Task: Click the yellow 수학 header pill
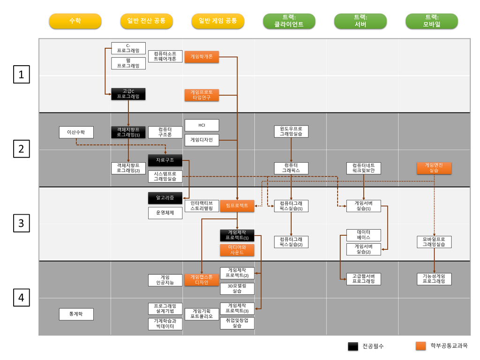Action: (x=75, y=21)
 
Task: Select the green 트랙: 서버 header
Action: (x=360, y=21)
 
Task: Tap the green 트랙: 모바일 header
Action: (x=432, y=21)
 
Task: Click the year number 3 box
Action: (x=22, y=223)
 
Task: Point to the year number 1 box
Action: (x=22, y=75)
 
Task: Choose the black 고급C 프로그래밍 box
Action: (x=128, y=94)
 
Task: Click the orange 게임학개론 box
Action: (x=202, y=57)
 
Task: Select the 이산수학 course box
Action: (x=76, y=132)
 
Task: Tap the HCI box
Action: (x=202, y=125)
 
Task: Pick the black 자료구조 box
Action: (x=165, y=160)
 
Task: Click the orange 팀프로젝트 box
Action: (x=237, y=206)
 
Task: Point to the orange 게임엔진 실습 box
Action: (x=434, y=168)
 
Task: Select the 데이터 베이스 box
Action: (x=364, y=235)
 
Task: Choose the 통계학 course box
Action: (x=76, y=314)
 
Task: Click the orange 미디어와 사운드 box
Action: (x=237, y=250)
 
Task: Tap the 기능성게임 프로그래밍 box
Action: (x=434, y=279)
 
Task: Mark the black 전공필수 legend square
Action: (x=353, y=346)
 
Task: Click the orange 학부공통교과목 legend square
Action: (x=421, y=346)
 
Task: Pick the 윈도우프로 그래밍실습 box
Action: (x=291, y=131)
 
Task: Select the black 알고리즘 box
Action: (x=165, y=198)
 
